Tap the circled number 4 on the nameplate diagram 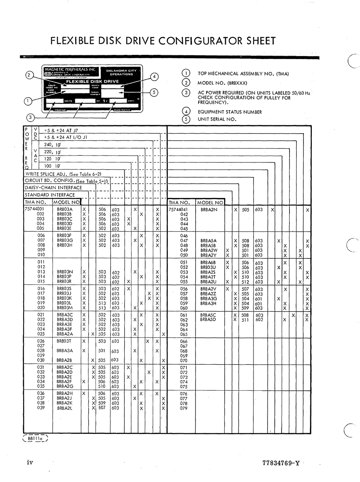[154, 77]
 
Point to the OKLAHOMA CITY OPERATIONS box [121, 72]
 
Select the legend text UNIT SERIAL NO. [217, 119]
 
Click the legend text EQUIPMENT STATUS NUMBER [230, 112]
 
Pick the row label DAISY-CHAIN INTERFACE [53, 188]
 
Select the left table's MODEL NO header [67, 203]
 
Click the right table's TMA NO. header [182, 203]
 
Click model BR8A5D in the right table [208, 320]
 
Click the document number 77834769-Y [280, 463]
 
